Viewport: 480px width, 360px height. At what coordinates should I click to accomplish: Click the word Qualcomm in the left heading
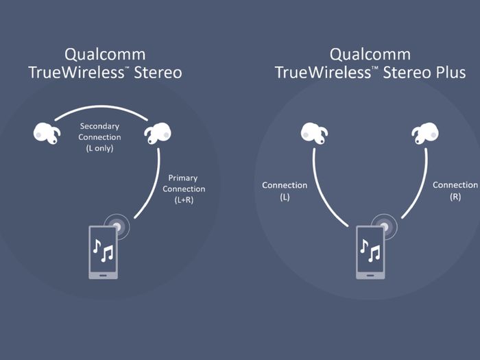[x=105, y=55]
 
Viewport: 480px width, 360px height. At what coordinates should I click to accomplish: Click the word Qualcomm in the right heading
[x=370, y=55]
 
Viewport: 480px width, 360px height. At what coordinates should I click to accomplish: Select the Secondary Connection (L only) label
[x=99, y=137]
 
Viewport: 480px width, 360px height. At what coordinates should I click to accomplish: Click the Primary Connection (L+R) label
[x=184, y=189]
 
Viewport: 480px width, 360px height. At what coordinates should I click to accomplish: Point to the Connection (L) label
[x=285, y=191]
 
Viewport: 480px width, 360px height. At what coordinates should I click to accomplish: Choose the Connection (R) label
[x=455, y=191]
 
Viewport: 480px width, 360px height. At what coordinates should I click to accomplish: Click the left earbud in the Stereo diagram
[x=47, y=134]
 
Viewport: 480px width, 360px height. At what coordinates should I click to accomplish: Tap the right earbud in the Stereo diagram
[x=158, y=134]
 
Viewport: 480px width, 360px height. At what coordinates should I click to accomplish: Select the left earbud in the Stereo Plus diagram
[x=314, y=134]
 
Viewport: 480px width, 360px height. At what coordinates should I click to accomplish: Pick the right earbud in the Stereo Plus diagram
[x=425, y=134]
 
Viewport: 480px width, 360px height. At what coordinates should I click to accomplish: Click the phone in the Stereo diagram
[x=103, y=252]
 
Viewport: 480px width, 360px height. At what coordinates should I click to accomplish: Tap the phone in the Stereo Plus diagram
[x=370, y=252]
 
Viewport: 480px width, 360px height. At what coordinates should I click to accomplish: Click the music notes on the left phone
[x=103, y=250]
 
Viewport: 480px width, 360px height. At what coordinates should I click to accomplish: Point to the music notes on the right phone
[x=370, y=250]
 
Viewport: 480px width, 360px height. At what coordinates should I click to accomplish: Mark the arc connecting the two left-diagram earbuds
[x=101, y=106]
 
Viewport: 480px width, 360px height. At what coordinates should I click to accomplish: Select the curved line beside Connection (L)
[x=321, y=193]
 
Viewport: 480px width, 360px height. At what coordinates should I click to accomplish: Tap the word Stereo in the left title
[x=158, y=73]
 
